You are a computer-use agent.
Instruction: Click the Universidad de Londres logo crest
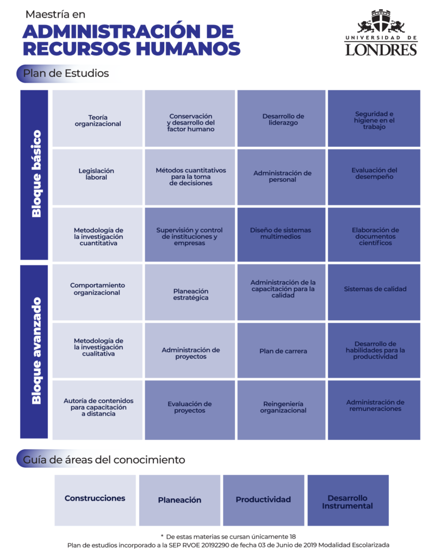point(381,21)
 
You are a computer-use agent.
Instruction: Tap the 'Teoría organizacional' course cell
point(98,118)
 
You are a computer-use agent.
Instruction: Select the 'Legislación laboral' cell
point(98,177)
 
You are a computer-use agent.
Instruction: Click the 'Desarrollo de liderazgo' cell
point(281,118)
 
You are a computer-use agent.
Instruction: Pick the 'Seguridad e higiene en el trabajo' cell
point(374,118)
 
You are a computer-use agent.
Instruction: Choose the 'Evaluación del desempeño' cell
point(374,177)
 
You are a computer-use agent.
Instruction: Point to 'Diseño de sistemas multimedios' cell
point(281,234)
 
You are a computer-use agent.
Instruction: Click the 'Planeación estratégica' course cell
point(190,292)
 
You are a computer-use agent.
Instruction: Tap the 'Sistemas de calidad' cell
point(374,292)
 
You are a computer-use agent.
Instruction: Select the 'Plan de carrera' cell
point(281,350)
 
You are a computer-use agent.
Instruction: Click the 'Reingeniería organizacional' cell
point(281,410)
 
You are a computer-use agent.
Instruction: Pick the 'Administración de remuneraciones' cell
point(374,410)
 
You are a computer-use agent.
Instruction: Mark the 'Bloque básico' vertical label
point(36,174)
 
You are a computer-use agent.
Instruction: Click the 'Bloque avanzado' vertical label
point(36,351)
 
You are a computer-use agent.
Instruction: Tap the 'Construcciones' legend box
point(95,500)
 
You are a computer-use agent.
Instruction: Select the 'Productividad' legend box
point(264,500)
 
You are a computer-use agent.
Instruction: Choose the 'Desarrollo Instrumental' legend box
point(348,500)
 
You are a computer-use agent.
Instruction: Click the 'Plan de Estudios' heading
point(66,73)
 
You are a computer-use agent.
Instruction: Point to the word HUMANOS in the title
point(189,48)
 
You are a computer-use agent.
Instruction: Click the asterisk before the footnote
point(162,536)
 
